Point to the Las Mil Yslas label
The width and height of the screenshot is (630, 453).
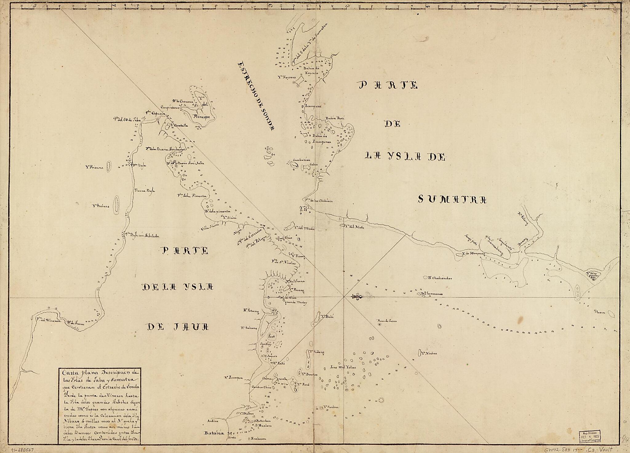[x=343, y=367]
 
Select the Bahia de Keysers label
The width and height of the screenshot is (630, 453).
[x=312, y=70]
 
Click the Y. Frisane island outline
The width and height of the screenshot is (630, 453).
[x=108, y=167]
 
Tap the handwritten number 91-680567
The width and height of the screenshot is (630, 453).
[x=22, y=449]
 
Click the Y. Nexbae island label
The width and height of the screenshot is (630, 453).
[x=429, y=353]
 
